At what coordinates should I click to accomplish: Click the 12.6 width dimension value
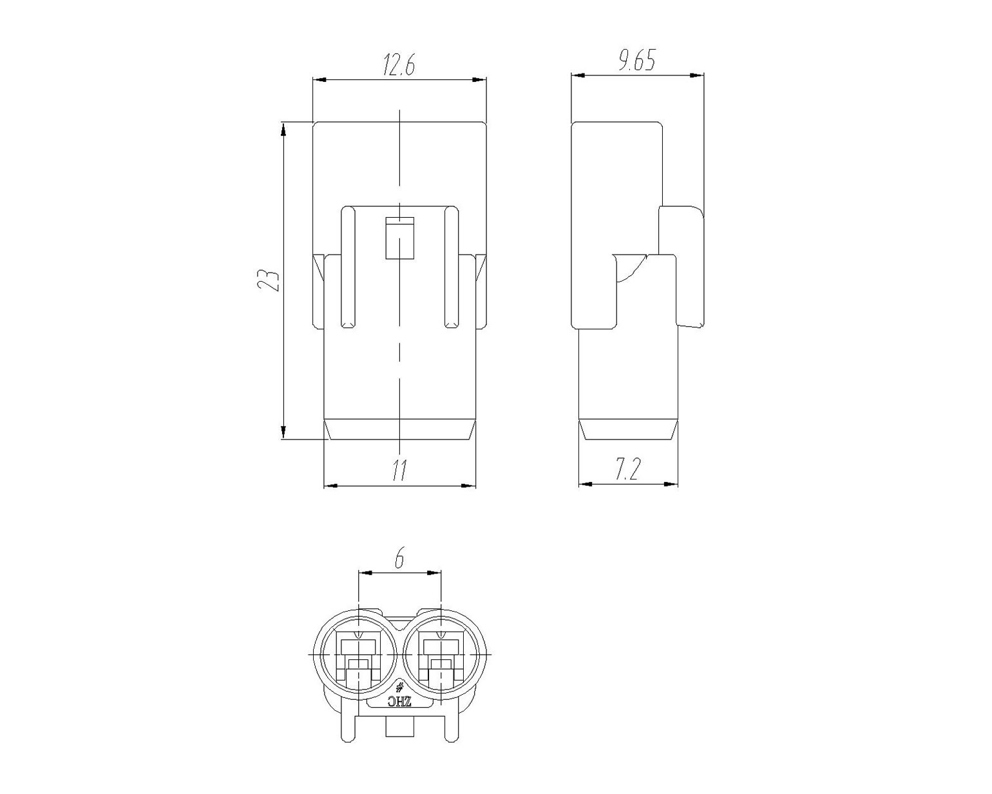tap(398, 66)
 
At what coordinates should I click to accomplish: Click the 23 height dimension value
tap(268, 279)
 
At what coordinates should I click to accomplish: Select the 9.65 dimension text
tap(636, 61)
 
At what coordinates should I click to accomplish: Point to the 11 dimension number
tap(399, 471)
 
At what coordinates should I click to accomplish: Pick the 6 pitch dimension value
tap(399, 559)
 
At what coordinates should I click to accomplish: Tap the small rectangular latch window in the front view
tap(399, 238)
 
